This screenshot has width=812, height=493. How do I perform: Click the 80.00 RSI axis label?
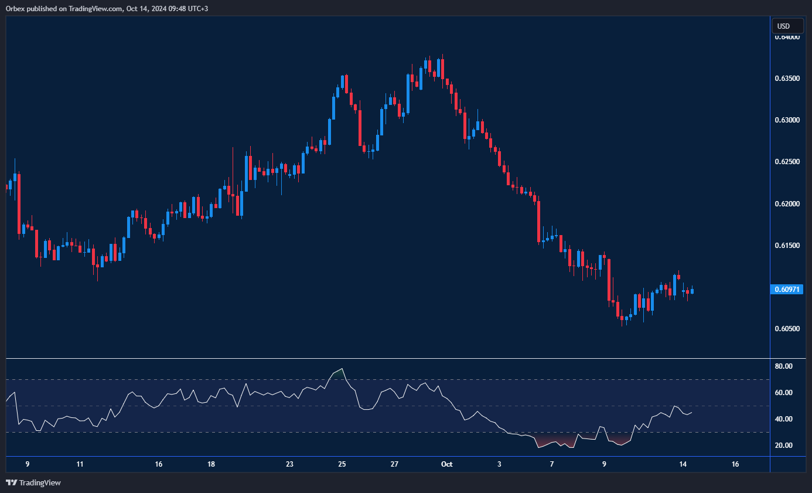coord(783,366)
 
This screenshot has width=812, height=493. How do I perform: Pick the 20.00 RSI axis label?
coord(783,446)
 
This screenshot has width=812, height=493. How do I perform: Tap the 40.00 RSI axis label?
coord(783,419)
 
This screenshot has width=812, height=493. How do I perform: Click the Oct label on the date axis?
coord(446,464)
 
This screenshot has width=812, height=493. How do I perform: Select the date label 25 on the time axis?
coord(342,464)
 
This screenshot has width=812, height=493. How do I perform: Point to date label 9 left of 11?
coord(28,464)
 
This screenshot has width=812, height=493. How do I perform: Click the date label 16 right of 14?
coord(735,464)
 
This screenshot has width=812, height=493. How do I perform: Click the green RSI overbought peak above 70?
coord(338,373)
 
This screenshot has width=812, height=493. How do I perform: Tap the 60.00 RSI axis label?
coord(783,393)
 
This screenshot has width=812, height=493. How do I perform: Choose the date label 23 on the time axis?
coord(289,464)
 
